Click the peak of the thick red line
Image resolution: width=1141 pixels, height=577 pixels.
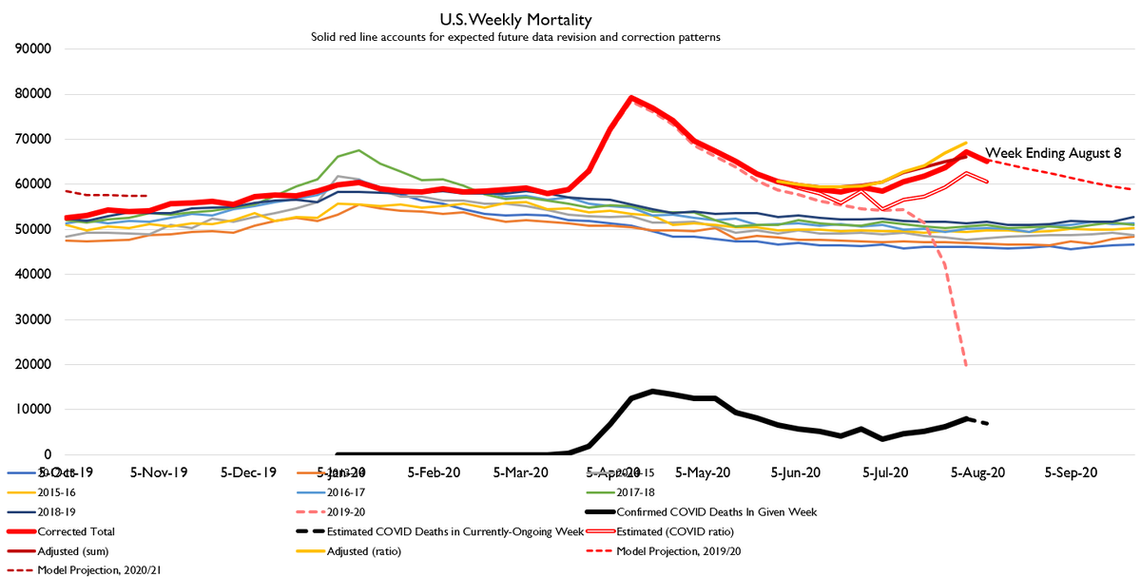(631, 97)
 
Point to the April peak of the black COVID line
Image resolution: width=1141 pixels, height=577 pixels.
(652, 391)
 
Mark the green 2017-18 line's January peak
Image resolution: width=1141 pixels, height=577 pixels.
(358, 150)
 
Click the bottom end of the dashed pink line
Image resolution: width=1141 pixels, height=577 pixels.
(966, 365)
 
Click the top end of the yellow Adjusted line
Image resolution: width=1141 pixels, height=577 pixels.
(966, 143)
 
